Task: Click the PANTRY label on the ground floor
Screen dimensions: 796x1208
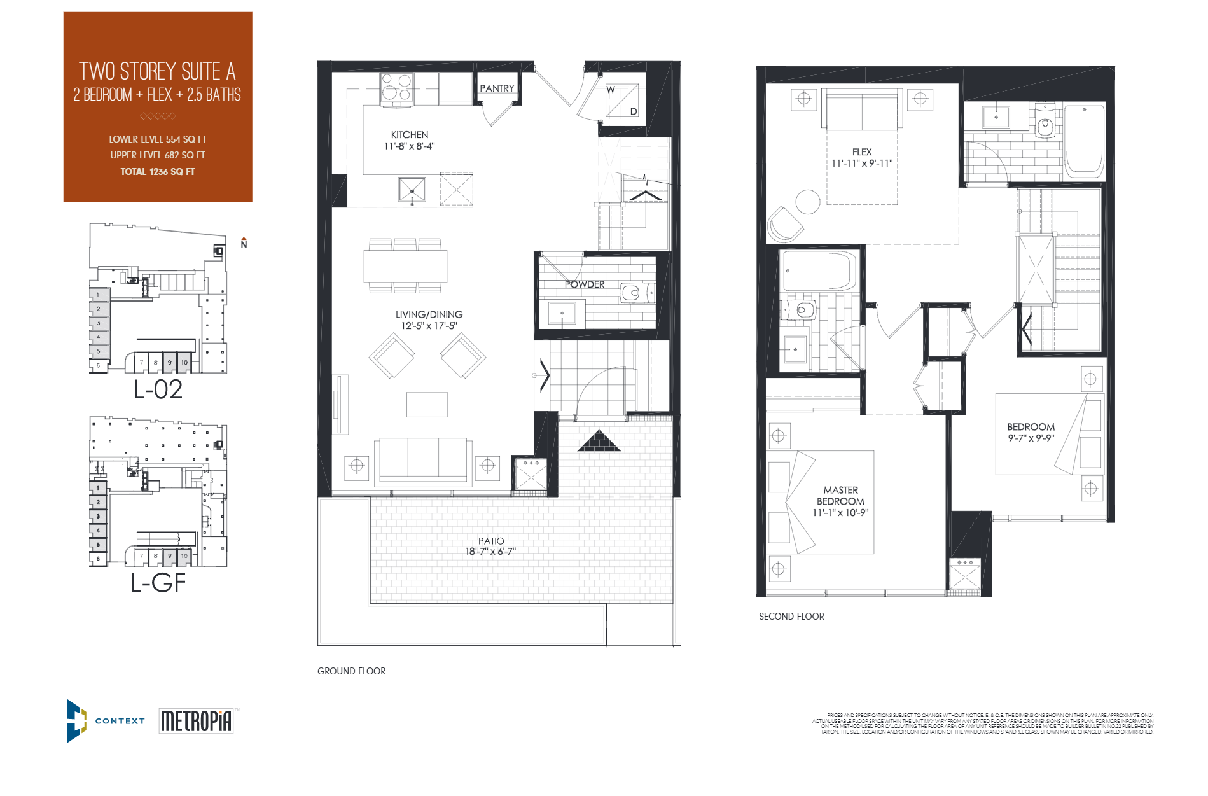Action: coord(497,88)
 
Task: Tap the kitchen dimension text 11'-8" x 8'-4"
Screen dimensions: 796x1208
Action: coord(409,146)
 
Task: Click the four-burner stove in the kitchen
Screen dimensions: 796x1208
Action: coord(397,88)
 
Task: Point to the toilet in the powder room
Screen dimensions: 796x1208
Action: coord(632,293)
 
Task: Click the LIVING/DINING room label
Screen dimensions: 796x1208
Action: coord(429,314)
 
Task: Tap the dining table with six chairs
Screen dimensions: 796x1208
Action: coord(405,265)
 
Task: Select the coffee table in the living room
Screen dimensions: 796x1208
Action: coord(427,405)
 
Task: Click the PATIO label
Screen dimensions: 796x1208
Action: coord(491,541)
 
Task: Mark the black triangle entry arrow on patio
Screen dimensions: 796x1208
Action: coord(598,442)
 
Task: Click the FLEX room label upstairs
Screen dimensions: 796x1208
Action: coord(862,152)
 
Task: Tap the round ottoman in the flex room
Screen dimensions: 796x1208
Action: coord(808,202)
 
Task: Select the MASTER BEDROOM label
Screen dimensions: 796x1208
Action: coord(840,496)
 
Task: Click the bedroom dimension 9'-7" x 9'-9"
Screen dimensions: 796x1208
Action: coord(1031,438)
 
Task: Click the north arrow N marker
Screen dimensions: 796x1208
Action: coord(244,244)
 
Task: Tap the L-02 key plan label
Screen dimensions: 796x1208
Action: coord(158,389)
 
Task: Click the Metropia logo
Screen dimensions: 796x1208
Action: coord(196,721)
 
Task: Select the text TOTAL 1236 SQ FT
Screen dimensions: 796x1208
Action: coord(158,172)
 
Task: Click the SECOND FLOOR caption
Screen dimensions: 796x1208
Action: coord(791,617)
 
